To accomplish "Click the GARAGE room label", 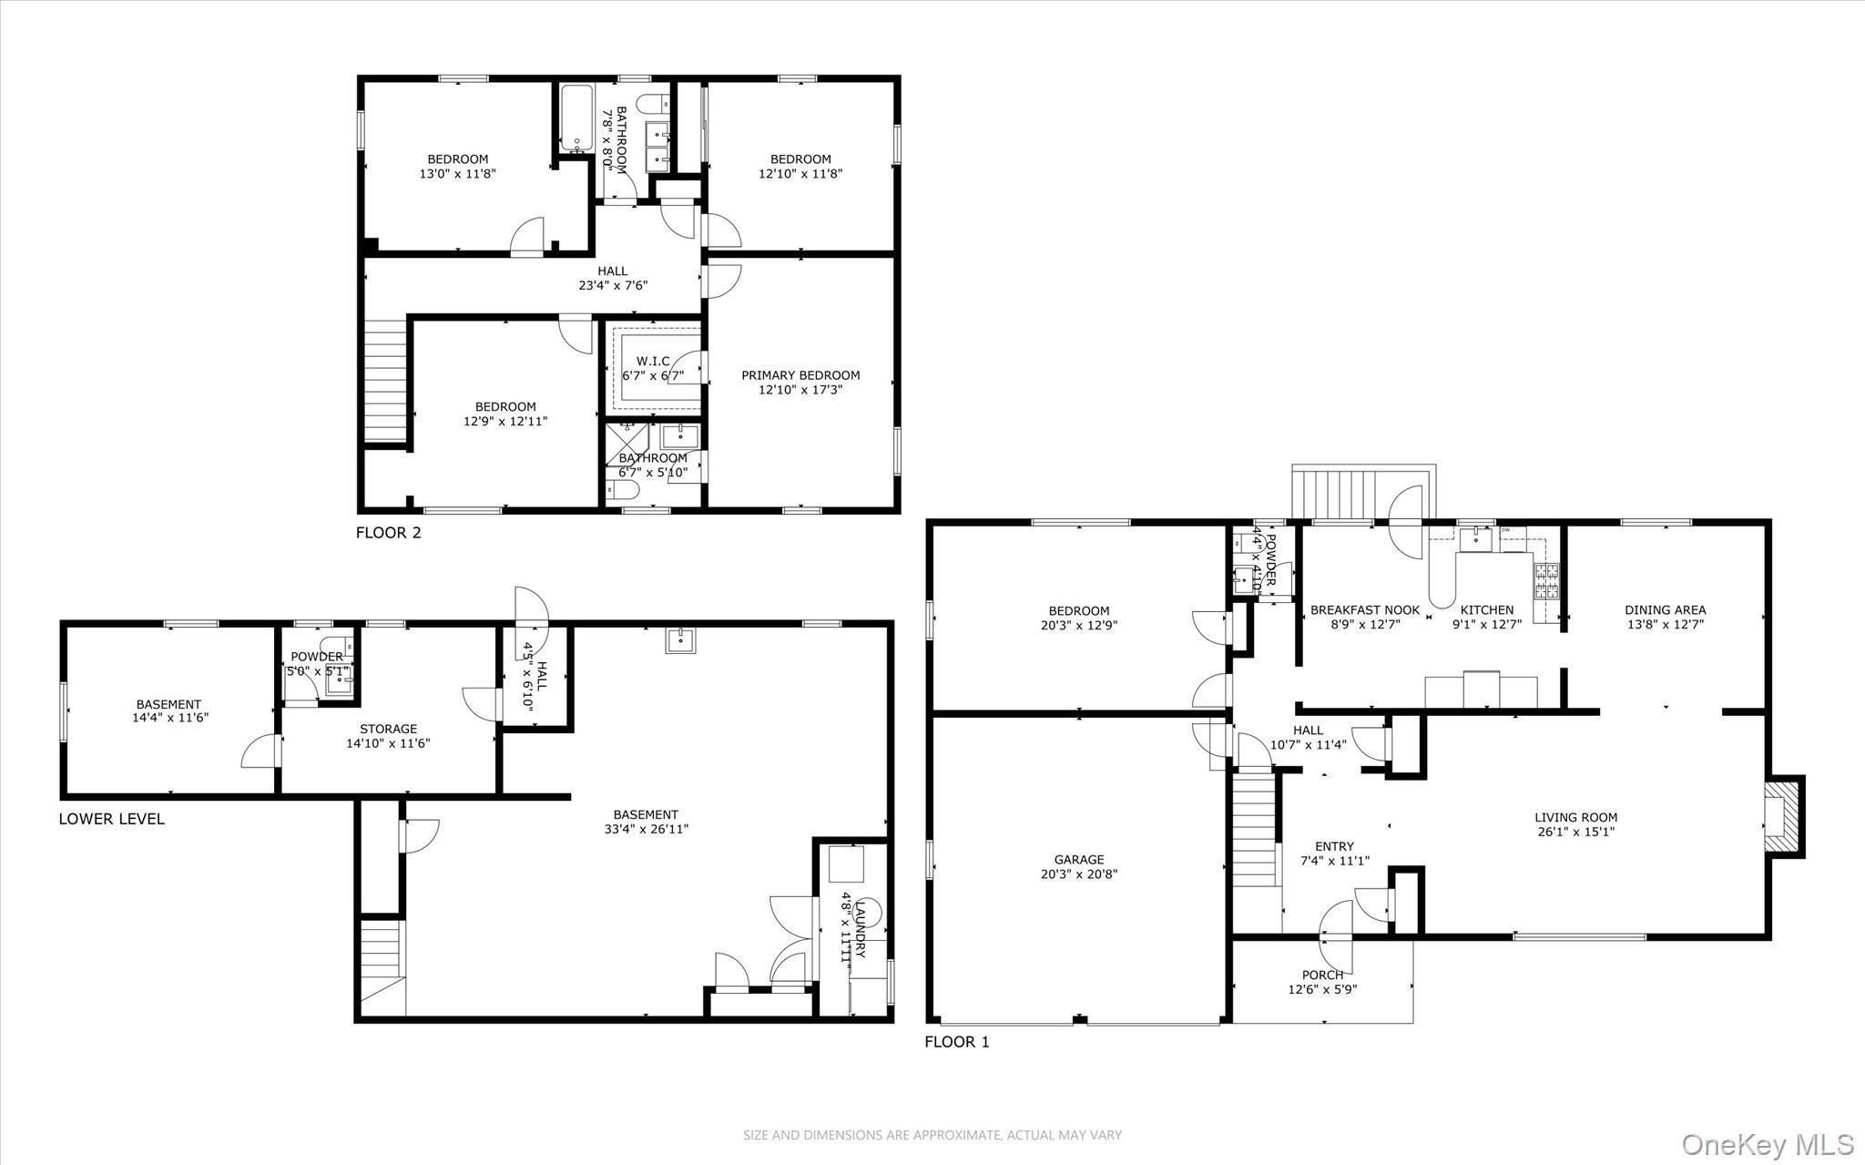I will click(1079, 859).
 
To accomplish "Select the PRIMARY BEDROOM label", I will click(800, 375).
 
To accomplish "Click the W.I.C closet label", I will click(653, 362).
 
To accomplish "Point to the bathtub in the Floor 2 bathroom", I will click(576, 118).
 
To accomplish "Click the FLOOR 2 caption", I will click(389, 533).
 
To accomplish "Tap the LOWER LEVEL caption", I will click(112, 819).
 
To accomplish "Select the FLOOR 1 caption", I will click(956, 1042).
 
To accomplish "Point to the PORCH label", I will click(1322, 975).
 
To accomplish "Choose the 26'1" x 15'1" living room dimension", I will click(1575, 832).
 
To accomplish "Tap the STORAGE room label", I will click(388, 729).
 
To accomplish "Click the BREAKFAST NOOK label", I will click(1364, 610).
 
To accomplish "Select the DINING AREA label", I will click(1665, 610).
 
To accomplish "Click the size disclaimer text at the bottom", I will click(932, 1135).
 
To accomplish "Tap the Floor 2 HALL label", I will click(612, 271).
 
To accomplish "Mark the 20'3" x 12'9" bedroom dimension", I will click(1079, 626).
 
